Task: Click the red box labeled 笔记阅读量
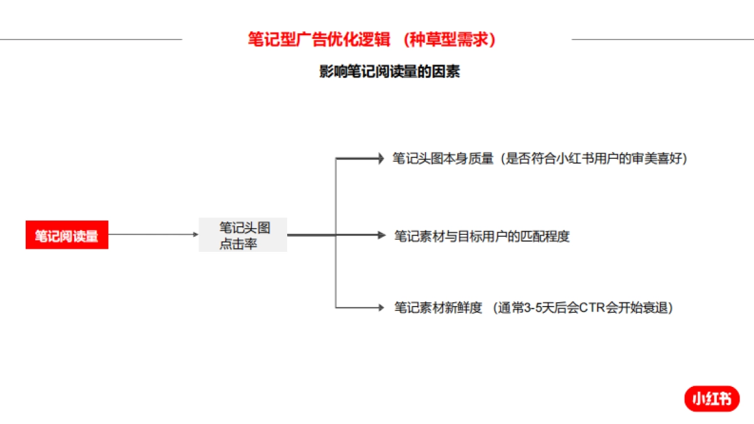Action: point(67,236)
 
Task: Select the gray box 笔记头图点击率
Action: point(243,235)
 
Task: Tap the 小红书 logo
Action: point(712,399)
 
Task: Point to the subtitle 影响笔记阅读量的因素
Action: point(390,72)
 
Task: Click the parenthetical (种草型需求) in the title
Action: point(450,40)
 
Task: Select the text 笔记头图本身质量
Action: point(443,158)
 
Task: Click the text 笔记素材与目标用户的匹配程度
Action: point(482,236)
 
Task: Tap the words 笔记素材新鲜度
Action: point(438,308)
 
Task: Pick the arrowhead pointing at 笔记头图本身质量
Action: point(380,158)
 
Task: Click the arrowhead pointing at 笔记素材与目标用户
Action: point(381,235)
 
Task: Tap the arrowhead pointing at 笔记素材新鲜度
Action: point(380,308)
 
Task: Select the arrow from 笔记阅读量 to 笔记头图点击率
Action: point(153,235)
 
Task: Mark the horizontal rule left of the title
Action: point(91,39)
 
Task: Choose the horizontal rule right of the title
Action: point(662,39)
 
